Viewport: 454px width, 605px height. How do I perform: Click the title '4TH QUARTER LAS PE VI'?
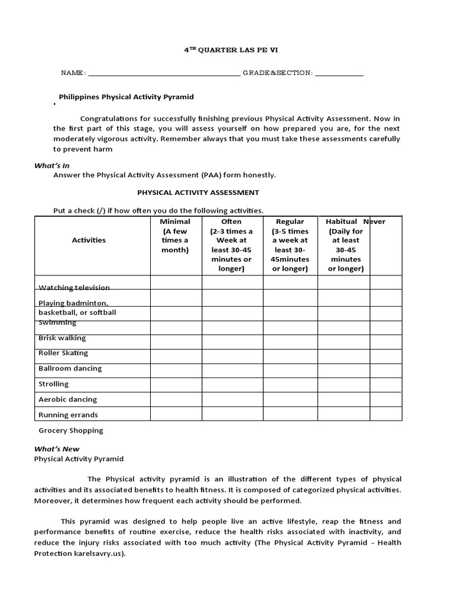(227, 51)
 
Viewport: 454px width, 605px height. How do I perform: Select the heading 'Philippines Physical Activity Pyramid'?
(127, 97)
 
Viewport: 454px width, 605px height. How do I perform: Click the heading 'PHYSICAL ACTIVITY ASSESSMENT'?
(198, 193)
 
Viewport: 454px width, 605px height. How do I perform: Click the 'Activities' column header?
(89, 240)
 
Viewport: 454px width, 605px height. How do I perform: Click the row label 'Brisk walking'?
(62, 338)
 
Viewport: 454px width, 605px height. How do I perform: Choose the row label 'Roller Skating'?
(63, 353)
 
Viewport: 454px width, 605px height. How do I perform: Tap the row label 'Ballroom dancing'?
(70, 369)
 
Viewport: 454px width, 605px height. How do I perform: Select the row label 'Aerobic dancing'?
(67, 399)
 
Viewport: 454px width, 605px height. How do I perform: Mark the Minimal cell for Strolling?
(176, 384)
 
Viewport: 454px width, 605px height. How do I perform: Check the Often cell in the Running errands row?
(232, 414)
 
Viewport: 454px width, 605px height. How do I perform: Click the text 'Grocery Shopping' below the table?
(71, 431)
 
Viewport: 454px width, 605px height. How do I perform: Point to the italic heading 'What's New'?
(56, 449)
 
